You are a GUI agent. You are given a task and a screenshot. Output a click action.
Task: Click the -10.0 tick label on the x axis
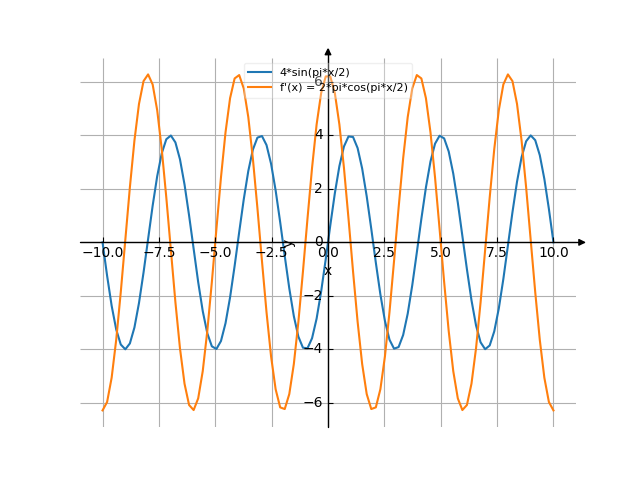[x=103, y=253]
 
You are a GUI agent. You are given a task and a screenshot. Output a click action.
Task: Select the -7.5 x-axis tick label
[x=159, y=253]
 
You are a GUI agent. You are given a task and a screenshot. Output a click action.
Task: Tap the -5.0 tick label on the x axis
[x=215, y=253]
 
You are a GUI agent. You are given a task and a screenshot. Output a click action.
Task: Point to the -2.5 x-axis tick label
[x=272, y=253]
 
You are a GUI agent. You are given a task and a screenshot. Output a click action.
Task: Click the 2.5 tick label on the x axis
[x=384, y=253]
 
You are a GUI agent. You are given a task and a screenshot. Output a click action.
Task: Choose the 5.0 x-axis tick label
[x=440, y=253]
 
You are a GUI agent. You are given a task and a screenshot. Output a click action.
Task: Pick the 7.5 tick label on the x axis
[x=497, y=253]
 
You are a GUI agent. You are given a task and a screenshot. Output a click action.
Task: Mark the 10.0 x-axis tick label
[x=553, y=253]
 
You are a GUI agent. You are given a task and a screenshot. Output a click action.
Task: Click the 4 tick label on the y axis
[x=319, y=135]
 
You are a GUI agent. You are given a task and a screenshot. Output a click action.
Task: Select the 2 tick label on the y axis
[x=319, y=189]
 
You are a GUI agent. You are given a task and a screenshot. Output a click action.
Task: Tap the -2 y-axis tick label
[x=316, y=296]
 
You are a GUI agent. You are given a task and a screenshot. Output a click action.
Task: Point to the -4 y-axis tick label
[x=316, y=349]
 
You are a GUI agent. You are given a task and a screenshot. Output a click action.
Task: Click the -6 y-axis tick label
[x=316, y=403]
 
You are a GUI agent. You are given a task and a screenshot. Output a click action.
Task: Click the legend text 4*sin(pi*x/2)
[x=315, y=73]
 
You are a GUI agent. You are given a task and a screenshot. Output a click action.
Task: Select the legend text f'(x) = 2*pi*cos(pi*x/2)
[x=344, y=87]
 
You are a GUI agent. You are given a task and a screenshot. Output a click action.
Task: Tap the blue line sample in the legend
[x=261, y=73]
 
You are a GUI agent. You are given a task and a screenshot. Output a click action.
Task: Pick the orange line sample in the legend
[x=261, y=87]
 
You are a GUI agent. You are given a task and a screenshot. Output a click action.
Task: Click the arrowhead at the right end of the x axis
[x=582, y=242]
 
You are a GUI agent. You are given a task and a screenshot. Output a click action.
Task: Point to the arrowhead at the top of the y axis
[x=328, y=51]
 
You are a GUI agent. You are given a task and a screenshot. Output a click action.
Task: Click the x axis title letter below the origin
[x=328, y=271]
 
